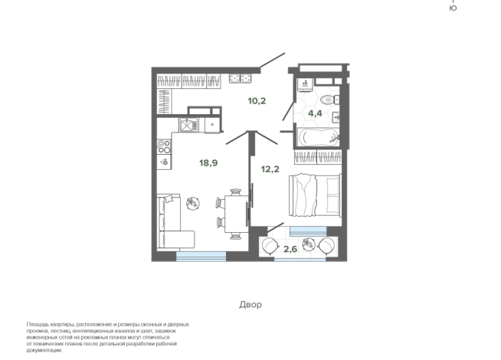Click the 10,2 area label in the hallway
pos(257,101)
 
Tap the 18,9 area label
pos(208,163)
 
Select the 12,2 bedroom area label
pos(270,169)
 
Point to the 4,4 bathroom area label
pos(315,113)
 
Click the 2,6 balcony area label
pos(290,249)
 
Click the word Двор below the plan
pos(250,304)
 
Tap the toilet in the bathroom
pos(329,100)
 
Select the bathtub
pos(318,137)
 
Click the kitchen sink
pos(188,125)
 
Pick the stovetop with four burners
pos(164,147)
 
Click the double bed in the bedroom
pos(315,195)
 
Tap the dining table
pos(236,214)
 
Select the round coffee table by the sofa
pos(193,203)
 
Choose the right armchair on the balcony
pos(326,245)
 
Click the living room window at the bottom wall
pos(201,256)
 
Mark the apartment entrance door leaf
pos(272,60)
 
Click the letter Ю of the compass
pos(453,8)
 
